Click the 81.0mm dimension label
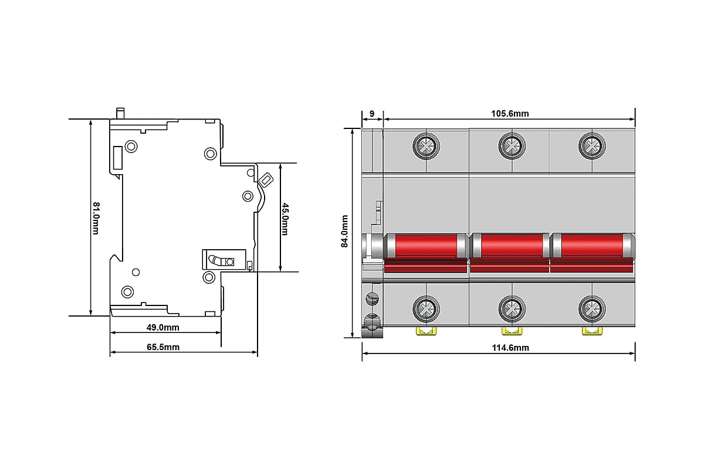coord(96,218)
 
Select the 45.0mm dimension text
coord(285,219)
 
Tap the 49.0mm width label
coord(163,328)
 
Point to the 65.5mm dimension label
coord(163,347)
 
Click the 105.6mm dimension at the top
coord(510,113)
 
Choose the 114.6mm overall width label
coord(510,348)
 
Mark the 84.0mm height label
coord(345,231)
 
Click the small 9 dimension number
coord(372,113)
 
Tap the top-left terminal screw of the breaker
coord(426,146)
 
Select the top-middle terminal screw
coord(512,146)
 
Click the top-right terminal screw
coord(592,146)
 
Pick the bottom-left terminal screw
coord(426,309)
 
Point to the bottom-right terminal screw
coord(592,309)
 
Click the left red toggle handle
coord(426,252)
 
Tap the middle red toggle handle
coord(509,252)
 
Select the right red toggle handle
coord(592,252)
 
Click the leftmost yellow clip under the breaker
coord(426,331)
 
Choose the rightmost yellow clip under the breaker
coord(592,331)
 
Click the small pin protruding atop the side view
coord(120,113)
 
